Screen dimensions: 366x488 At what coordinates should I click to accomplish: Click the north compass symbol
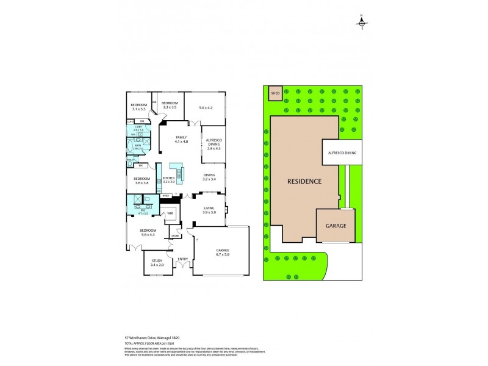[x=362, y=23]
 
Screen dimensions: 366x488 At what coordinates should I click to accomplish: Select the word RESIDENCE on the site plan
[x=306, y=181]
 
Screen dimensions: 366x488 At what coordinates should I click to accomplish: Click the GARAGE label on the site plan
[x=335, y=226]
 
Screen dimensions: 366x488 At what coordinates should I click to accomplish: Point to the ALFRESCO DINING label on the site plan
[x=342, y=152]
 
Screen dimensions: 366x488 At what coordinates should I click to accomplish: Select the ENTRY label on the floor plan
[x=182, y=259]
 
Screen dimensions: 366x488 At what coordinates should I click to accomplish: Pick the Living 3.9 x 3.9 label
[x=209, y=210]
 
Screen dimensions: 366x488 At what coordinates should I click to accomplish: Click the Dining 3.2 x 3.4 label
[x=209, y=178]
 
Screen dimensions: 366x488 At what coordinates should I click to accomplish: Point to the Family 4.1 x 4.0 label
[x=181, y=139]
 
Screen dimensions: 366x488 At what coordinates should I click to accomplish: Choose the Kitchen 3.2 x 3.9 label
[x=168, y=180]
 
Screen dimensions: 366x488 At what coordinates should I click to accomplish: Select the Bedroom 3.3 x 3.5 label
[x=169, y=105]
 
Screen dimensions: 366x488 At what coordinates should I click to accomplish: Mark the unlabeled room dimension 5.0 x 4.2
[x=205, y=109]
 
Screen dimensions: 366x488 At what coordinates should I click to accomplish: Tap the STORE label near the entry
[x=175, y=235]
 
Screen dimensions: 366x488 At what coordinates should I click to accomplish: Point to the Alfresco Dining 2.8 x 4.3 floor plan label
[x=213, y=143]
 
